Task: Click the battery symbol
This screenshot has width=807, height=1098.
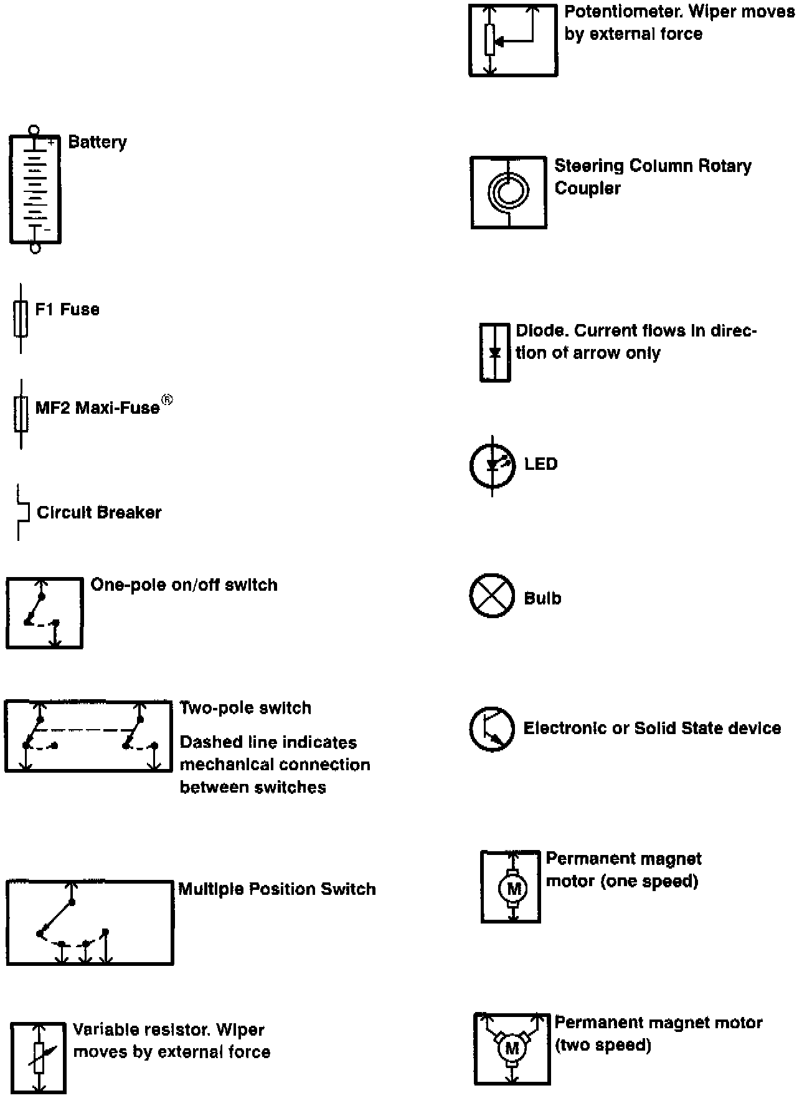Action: tap(35, 189)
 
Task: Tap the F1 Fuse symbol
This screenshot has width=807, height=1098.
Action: tap(21, 318)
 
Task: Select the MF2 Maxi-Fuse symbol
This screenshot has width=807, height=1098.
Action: tap(21, 414)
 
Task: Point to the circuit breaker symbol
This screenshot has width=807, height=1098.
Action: tap(23, 512)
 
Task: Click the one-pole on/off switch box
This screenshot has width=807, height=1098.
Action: tap(44, 613)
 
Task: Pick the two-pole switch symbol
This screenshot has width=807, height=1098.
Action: tap(88, 736)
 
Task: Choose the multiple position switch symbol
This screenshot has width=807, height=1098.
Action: tap(90, 922)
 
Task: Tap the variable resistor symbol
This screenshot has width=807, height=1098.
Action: tap(38, 1057)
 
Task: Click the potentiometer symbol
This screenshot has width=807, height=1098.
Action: tap(513, 41)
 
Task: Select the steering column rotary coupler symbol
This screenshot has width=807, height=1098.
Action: tap(509, 192)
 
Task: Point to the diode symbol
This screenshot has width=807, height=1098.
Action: tap(495, 352)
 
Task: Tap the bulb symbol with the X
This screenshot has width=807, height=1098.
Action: tap(492, 596)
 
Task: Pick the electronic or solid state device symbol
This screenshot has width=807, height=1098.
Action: tap(492, 728)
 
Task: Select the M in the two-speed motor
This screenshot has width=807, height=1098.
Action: tap(512, 1049)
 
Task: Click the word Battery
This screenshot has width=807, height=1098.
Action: tap(97, 143)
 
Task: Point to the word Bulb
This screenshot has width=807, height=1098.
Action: tap(542, 598)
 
